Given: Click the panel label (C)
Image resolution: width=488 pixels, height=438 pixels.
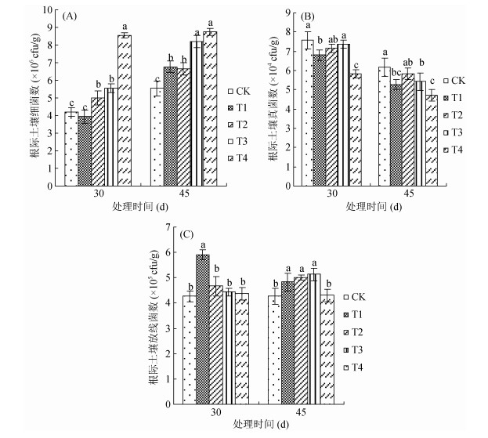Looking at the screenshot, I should pyautogui.click(x=188, y=233).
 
